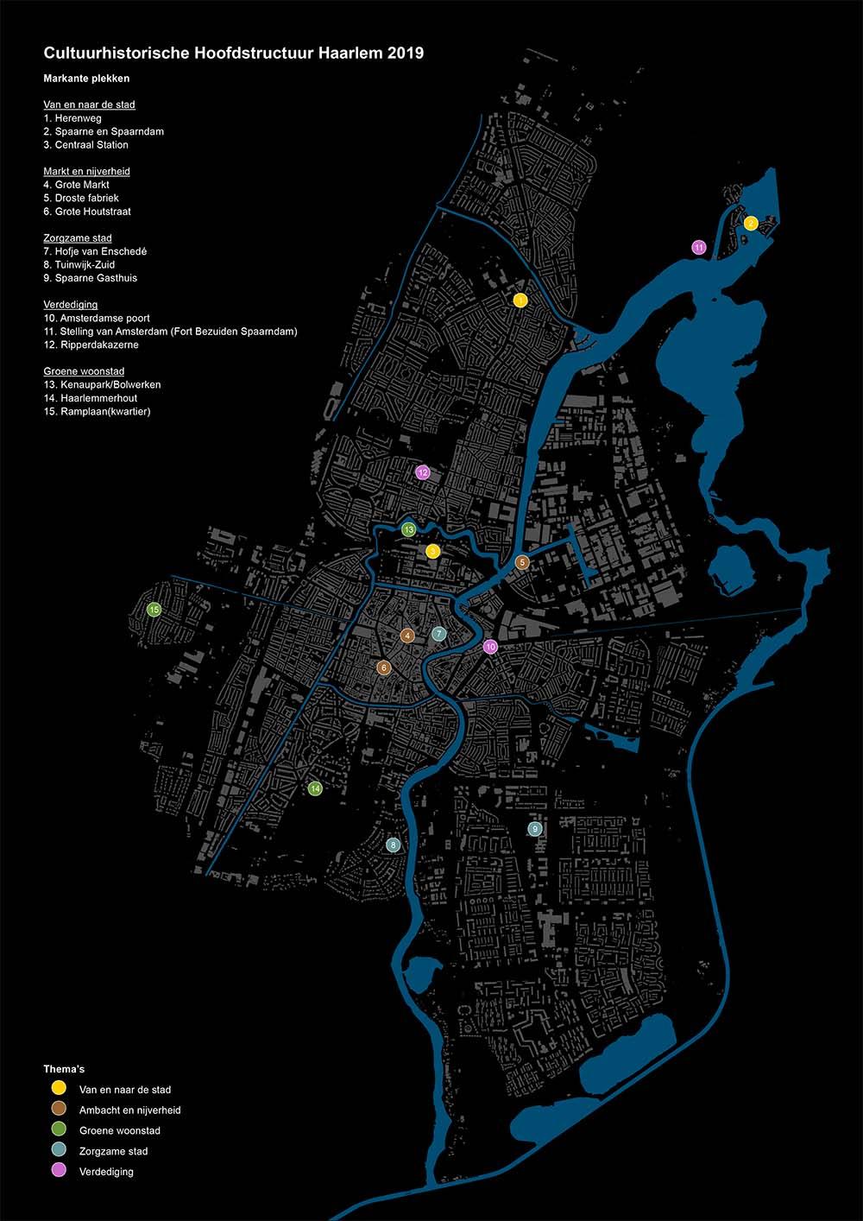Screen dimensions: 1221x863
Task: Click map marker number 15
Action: coord(154,610)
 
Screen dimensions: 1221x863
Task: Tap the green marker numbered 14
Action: coord(315,788)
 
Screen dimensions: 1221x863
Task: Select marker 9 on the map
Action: coord(535,829)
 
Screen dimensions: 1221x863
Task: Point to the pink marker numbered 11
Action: coord(699,247)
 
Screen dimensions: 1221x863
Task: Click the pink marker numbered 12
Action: coord(423,472)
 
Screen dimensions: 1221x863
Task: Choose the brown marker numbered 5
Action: coord(522,562)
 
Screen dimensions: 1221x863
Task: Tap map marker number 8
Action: coord(394,845)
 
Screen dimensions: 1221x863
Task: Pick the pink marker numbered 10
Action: coord(490,647)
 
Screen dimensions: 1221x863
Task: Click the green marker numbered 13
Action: coord(409,528)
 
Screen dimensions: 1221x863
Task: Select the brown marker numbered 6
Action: coord(384,667)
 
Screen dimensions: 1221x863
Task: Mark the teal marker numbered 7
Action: coord(438,634)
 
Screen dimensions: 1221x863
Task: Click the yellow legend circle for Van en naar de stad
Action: coord(59,1088)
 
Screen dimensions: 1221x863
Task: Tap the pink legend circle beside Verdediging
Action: coord(59,1171)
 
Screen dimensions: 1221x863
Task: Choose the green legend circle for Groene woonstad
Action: coord(59,1129)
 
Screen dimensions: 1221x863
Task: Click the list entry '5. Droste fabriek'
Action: coord(81,198)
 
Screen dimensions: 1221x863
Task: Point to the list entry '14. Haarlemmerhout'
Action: coord(91,398)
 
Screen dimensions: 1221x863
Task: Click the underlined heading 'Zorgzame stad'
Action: coord(78,237)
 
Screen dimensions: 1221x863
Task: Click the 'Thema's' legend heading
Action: coord(64,1069)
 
